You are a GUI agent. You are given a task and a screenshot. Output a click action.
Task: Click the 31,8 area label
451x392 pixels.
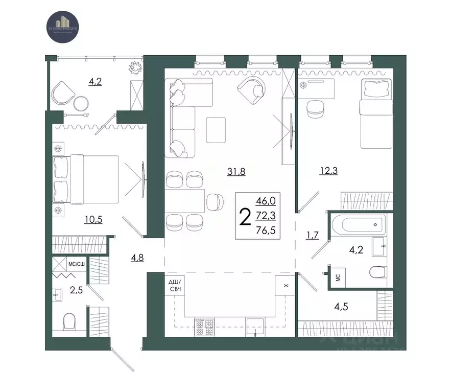(x=236, y=172)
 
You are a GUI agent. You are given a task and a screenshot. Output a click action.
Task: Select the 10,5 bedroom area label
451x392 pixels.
(x=93, y=220)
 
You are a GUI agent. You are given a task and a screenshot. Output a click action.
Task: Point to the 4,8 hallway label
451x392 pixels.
(x=137, y=258)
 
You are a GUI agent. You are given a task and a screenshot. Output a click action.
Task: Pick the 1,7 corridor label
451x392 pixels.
(x=313, y=236)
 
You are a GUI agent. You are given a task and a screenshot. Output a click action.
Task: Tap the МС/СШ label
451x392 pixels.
(x=76, y=264)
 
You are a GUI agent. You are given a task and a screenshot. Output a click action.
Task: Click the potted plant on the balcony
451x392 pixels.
(x=136, y=66)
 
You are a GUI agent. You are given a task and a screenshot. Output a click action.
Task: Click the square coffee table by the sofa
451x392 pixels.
(x=216, y=130)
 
